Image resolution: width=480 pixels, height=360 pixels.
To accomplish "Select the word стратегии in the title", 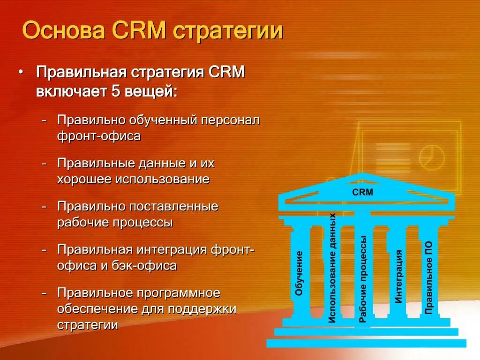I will (228, 31).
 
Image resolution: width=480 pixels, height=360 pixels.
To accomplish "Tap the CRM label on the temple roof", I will (362, 192).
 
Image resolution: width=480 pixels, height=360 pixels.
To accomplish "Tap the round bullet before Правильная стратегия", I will (20, 73).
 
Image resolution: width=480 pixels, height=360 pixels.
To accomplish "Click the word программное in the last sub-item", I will (179, 293).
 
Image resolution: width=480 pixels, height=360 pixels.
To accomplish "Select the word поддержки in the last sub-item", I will (202, 309).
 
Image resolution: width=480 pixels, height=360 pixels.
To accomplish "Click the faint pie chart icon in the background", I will (431, 157).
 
